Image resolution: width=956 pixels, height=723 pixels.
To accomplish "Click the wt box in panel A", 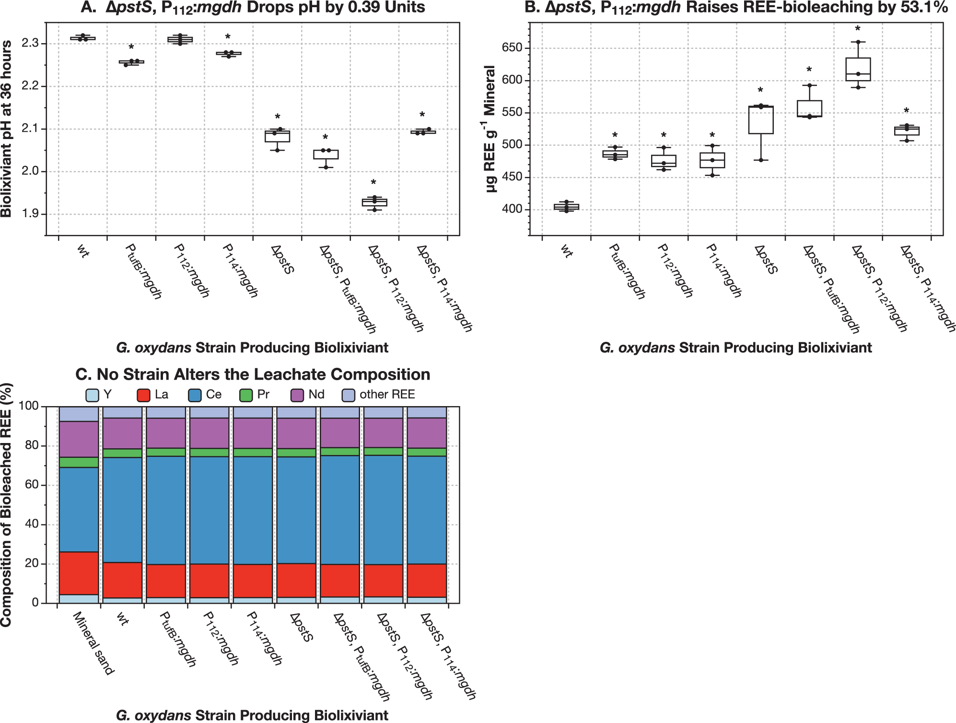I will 83,38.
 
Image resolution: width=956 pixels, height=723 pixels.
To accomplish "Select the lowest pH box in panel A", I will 374,202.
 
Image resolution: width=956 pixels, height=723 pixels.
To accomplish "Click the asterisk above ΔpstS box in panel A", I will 278,117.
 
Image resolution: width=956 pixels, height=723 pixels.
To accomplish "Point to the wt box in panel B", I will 566,207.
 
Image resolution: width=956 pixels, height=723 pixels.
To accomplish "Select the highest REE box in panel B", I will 858,70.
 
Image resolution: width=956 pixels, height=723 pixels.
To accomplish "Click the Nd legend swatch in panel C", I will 297,395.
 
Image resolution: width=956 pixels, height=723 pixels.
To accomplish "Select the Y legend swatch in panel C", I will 92,395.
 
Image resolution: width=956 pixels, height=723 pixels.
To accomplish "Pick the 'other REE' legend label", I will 387,395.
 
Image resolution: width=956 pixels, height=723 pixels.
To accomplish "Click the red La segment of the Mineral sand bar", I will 79,573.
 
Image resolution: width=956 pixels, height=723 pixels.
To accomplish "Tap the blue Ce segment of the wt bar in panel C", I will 122,510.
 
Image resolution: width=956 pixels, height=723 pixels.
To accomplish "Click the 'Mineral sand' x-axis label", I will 94,643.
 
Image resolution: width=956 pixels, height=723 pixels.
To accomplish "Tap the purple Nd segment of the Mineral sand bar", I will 79,439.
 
